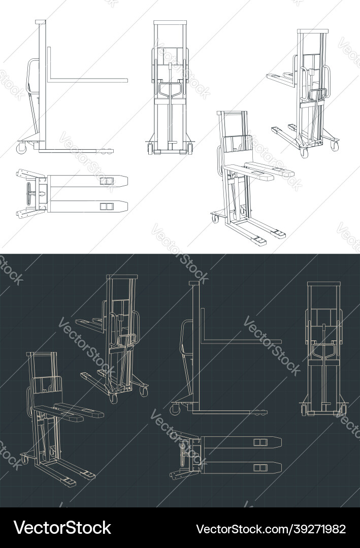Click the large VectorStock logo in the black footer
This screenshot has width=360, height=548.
[x=62, y=528]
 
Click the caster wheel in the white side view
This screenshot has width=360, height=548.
[x=21, y=148]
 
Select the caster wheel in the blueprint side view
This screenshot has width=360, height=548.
[x=176, y=408]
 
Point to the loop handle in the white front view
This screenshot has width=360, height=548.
[x=169, y=89]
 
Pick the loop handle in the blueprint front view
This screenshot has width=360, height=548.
[x=322, y=350]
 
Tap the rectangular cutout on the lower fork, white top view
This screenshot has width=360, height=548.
[x=107, y=207]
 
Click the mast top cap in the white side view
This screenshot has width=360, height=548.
[x=41, y=22]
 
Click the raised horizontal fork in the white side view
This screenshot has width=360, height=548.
[x=89, y=80]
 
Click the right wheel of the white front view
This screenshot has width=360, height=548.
[x=190, y=149]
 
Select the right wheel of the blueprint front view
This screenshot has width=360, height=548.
[x=343, y=409]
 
